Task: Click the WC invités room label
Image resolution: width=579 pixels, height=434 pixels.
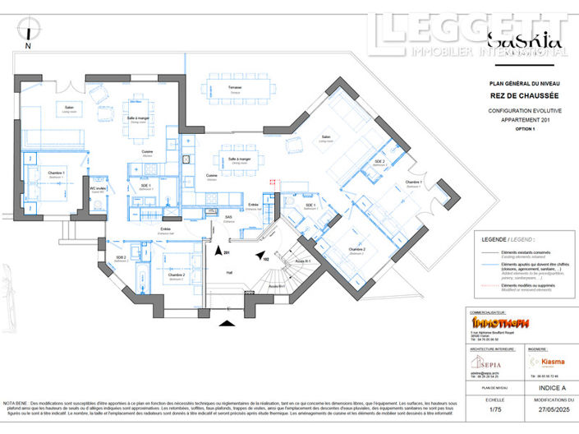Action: [99, 188]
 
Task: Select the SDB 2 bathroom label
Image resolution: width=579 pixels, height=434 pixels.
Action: [121, 258]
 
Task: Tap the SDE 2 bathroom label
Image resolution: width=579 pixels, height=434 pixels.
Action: [379, 162]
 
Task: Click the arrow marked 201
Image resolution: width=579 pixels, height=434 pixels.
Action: [219, 252]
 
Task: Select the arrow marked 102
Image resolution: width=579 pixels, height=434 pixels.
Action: [260, 256]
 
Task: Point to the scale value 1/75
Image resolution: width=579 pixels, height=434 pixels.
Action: [494, 409]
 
